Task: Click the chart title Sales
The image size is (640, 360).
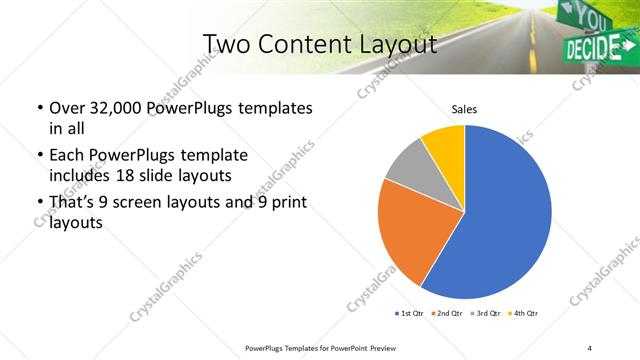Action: point(464,108)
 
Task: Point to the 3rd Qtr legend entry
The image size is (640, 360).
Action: point(483,314)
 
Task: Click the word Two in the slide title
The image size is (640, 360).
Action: point(226,44)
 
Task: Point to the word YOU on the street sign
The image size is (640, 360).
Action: point(589,17)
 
